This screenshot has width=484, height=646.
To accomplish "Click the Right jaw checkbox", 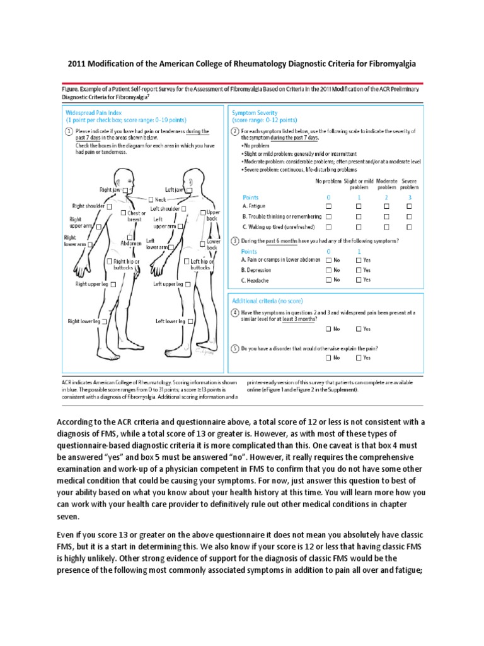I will [x=125, y=189].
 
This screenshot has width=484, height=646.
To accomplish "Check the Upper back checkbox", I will [x=202, y=213].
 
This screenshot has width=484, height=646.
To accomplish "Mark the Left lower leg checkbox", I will [x=189, y=321].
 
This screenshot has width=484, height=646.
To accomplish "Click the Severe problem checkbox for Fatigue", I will [x=410, y=206].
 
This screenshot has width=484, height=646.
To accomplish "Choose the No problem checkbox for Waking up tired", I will [x=328, y=226].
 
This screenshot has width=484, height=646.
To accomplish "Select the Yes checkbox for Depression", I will [x=359, y=269].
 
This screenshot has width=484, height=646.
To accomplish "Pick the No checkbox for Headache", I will [x=328, y=279].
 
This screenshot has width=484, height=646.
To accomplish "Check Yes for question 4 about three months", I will [x=359, y=329].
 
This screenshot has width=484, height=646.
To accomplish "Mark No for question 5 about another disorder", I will [x=328, y=358].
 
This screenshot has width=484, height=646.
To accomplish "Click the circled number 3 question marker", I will [x=235, y=240].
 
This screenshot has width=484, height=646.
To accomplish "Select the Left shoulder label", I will [x=164, y=209].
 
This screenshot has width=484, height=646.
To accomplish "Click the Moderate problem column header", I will [x=388, y=184].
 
